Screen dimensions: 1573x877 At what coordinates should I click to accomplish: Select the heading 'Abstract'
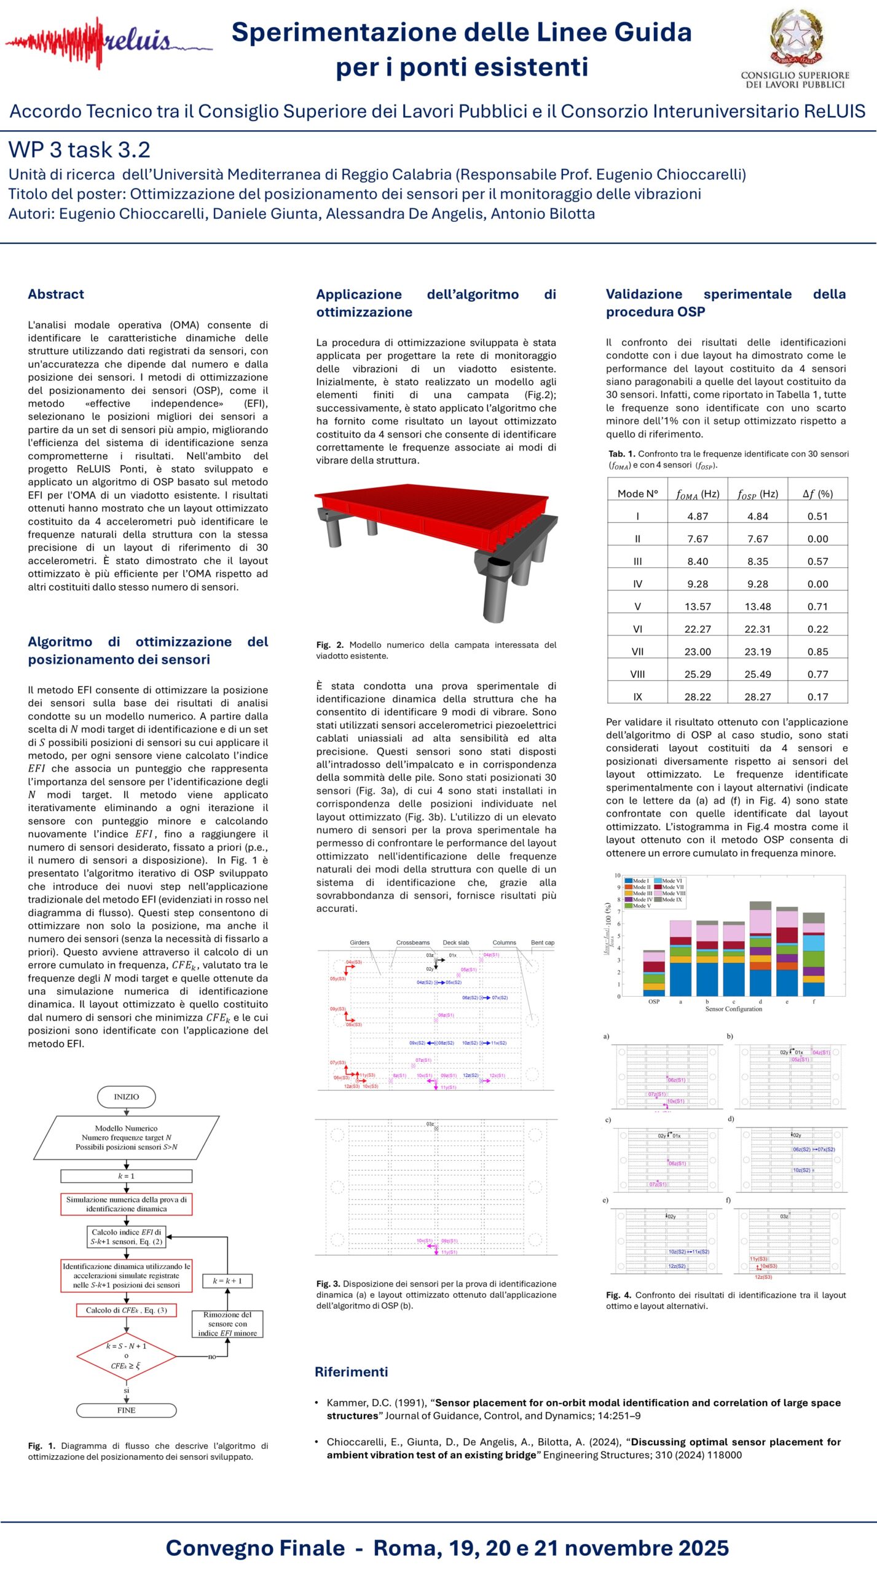click(56, 294)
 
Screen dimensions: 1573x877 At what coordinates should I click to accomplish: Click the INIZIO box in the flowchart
click(127, 1096)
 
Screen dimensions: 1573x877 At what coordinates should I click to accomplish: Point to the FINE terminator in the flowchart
click(126, 1410)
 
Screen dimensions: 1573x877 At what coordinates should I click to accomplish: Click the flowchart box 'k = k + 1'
click(227, 1281)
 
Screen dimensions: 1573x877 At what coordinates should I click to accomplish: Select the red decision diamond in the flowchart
click(126, 1355)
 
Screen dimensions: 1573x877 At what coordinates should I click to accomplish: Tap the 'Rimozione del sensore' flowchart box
click(227, 1323)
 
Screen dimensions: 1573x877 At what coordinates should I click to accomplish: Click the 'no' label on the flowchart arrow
click(212, 1357)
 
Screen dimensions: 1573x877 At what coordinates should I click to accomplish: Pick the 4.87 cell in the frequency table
click(698, 516)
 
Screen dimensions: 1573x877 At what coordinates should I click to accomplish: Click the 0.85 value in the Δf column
click(817, 651)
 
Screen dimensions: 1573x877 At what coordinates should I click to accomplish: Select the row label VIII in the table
click(637, 674)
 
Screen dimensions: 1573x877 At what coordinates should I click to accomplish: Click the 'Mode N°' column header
click(637, 493)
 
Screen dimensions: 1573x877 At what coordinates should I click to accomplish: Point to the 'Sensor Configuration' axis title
click(733, 1009)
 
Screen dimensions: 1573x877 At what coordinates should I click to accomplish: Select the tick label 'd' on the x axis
click(760, 1002)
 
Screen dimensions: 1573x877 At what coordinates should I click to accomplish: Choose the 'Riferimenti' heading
click(351, 1372)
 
